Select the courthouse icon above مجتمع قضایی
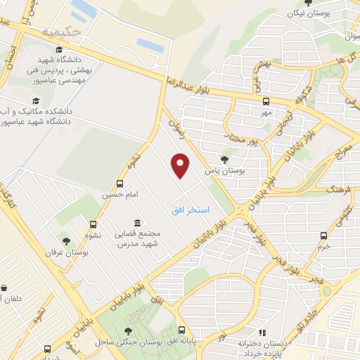tap(136, 221)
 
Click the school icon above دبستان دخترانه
tap(262, 332)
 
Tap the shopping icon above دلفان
tap(5, 289)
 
